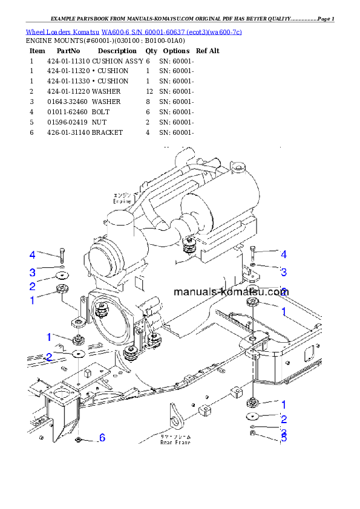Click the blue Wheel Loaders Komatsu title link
click(133, 31)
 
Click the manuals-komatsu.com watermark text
click(231, 291)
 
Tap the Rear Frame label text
click(175, 442)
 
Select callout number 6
click(102, 437)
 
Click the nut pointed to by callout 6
click(79, 439)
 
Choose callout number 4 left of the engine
click(33, 254)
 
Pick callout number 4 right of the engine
click(283, 254)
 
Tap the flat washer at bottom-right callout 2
click(253, 417)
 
